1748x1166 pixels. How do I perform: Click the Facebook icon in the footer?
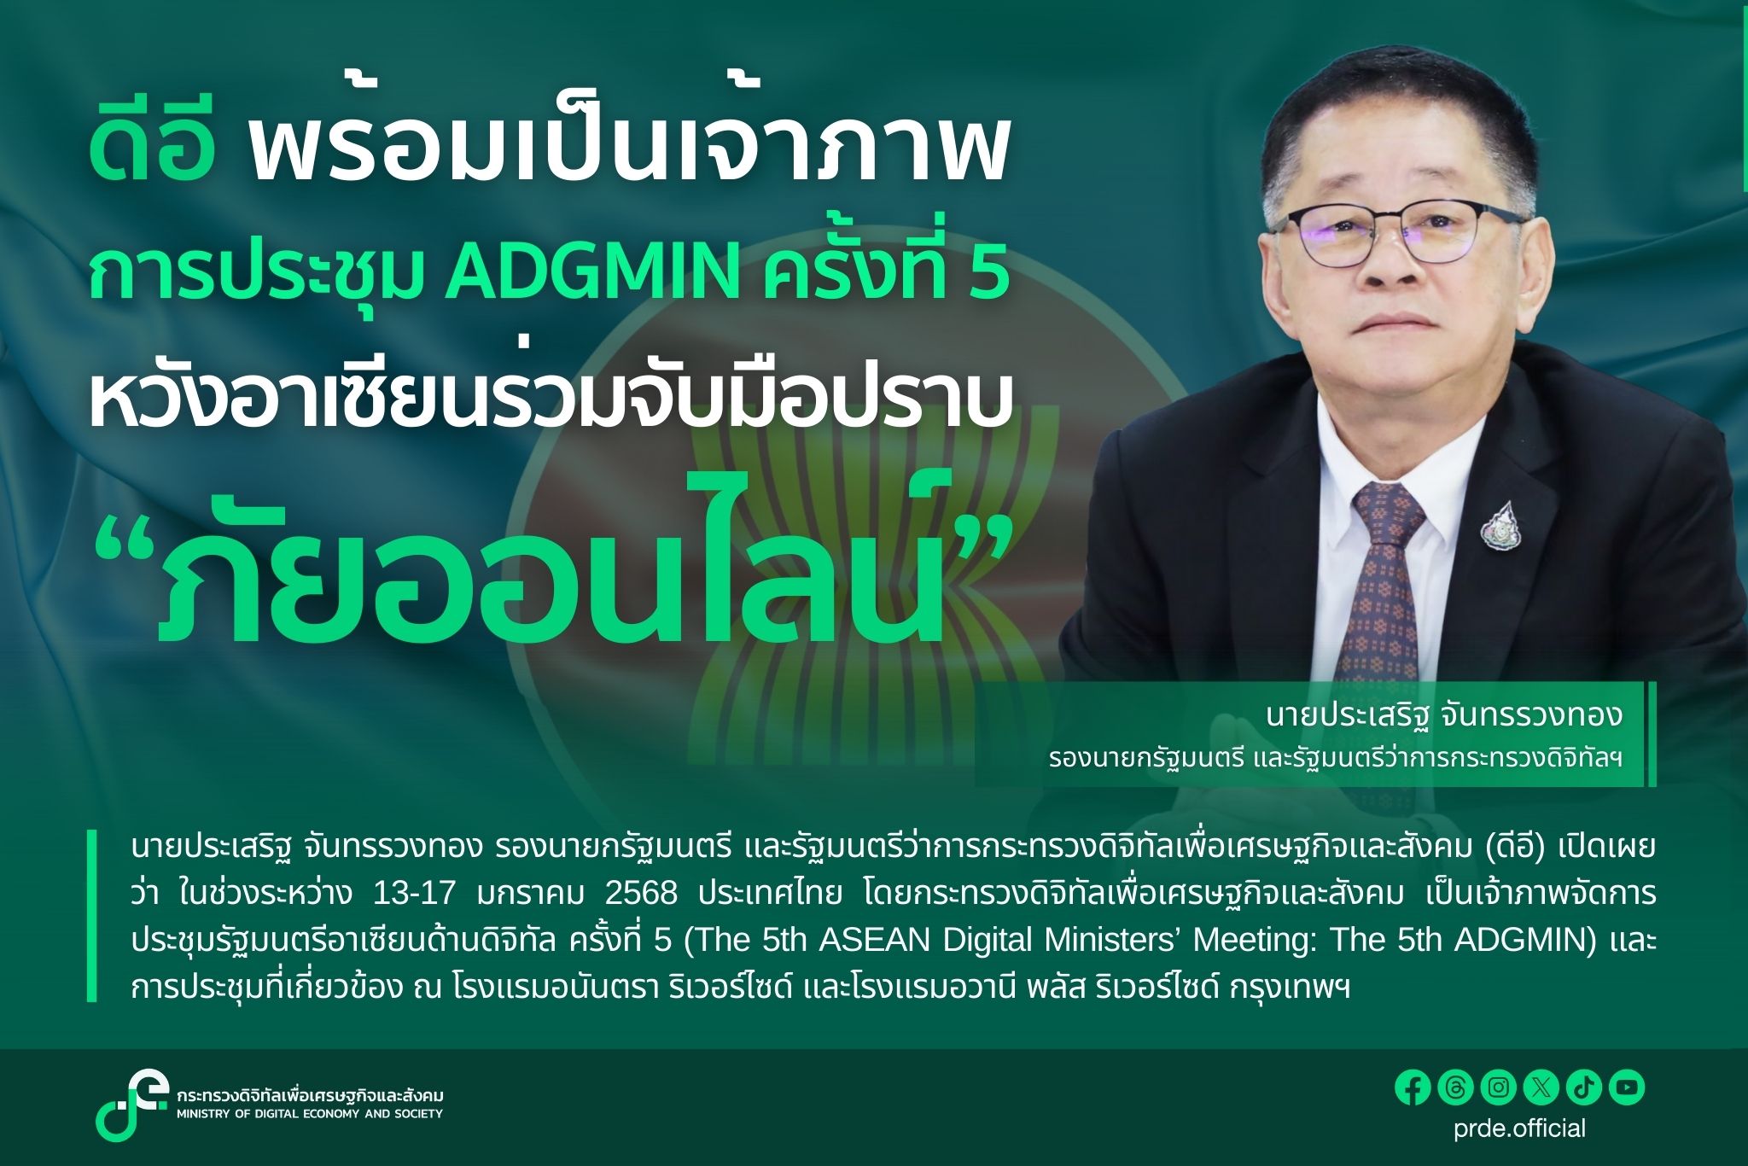tap(1413, 1087)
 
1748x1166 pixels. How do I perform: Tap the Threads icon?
tap(1455, 1087)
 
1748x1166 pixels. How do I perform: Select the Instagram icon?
tap(1498, 1087)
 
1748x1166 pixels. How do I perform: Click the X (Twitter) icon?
tap(1541, 1087)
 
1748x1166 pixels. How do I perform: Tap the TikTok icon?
tap(1583, 1087)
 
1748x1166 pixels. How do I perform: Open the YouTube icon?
tap(1627, 1087)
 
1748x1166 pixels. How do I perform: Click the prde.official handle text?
tap(1519, 1128)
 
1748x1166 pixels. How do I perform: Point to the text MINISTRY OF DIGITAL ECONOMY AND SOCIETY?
tap(310, 1114)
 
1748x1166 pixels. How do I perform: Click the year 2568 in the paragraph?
tap(641, 894)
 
